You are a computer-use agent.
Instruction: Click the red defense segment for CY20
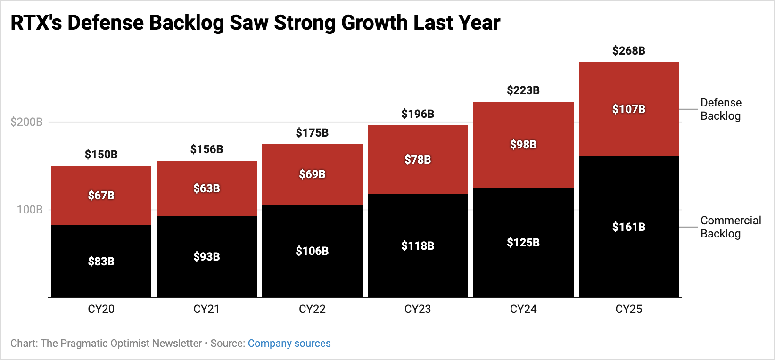(101, 196)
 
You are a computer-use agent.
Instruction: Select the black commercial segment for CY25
(629, 227)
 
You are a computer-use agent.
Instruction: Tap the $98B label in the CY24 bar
(523, 144)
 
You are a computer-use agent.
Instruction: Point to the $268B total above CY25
(629, 51)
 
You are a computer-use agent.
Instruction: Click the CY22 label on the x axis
(312, 309)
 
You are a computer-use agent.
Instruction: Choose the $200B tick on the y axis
(27, 122)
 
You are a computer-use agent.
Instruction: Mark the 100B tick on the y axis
(30, 210)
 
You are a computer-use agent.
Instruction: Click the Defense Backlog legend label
(721, 109)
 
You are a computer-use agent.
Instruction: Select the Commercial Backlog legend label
(731, 227)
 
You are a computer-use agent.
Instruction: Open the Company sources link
(289, 344)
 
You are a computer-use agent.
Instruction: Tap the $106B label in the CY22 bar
(312, 251)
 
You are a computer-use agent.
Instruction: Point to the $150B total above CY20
(101, 154)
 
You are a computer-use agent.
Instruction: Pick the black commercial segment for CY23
(418, 246)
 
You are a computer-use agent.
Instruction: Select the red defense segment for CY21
(206, 188)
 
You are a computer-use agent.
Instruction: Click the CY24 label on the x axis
(523, 309)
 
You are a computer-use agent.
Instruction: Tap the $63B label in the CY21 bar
(206, 188)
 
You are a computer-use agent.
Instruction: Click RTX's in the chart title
(36, 23)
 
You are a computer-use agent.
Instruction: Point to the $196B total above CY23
(418, 114)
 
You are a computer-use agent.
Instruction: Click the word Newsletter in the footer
(177, 344)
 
